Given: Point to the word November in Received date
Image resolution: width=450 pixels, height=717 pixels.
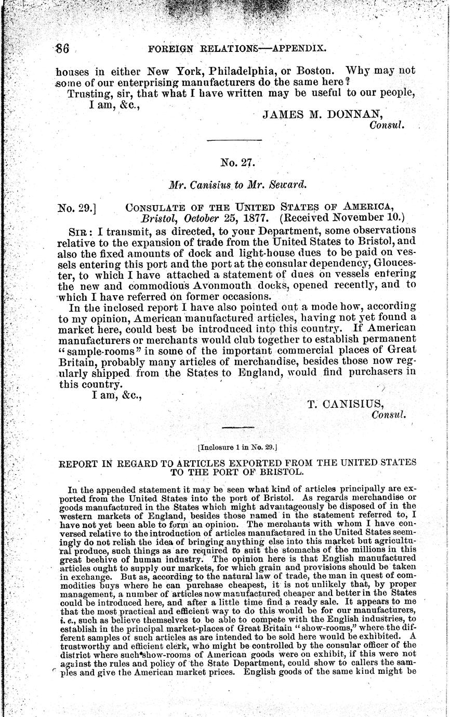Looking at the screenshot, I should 363,217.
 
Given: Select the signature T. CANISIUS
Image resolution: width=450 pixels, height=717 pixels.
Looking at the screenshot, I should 346,405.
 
